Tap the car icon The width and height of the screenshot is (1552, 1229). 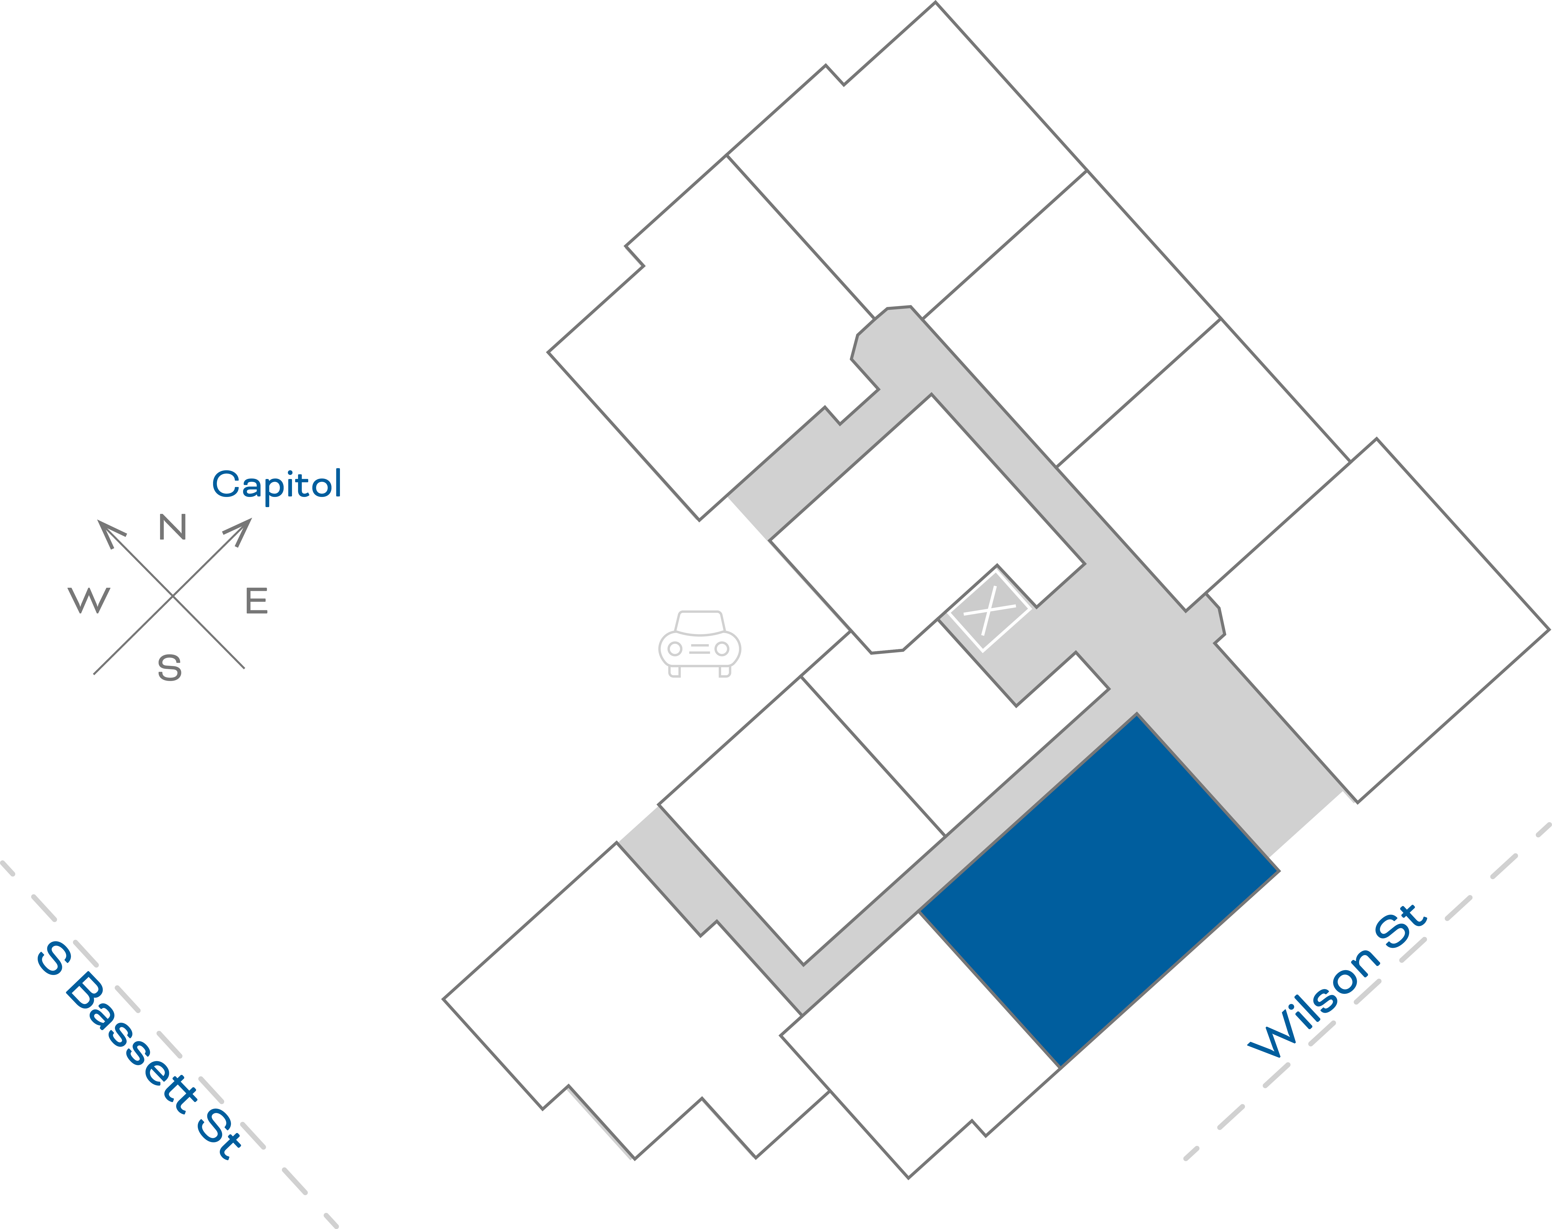(699, 644)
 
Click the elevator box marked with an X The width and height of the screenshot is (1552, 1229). (989, 610)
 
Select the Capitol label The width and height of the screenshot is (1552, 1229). (277, 484)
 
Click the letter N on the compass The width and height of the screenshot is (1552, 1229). (173, 527)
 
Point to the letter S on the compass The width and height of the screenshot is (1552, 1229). (170, 668)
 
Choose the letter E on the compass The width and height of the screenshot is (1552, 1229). (257, 601)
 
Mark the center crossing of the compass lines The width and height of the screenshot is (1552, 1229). (173, 596)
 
